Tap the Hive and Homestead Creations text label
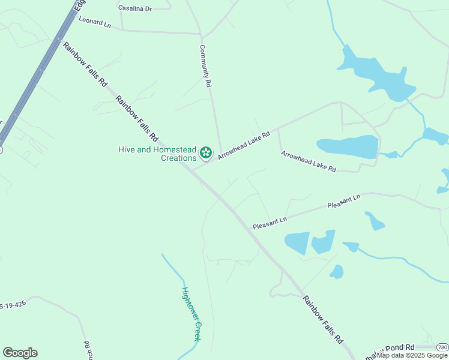(x=158, y=154)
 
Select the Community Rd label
(x=206, y=67)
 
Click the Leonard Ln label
(x=95, y=22)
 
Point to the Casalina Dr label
(x=135, y=8)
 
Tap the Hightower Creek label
(x=191, y=314)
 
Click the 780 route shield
(x=442, y=347)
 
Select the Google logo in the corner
(x=20, y=353)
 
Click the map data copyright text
(x=412, y=355)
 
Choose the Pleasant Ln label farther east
(x=343, y=201)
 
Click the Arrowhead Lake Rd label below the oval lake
(x=309, y=161)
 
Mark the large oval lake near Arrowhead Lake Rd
(x=348, y=146)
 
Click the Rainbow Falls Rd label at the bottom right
(x=322, y=319)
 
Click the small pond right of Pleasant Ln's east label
(x=375, y=221)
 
